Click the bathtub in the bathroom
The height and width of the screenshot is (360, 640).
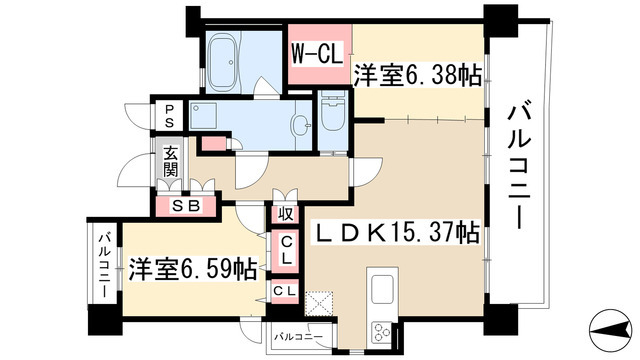tap(231, 49)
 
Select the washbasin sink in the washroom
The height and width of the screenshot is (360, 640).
tap(301, 124)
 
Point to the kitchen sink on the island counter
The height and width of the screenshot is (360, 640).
tap(383, 292)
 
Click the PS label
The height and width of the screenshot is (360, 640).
tap(171, 116)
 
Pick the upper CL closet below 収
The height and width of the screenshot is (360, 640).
tap(286, 248)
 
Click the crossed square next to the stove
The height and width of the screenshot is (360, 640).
tap(319, 303)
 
